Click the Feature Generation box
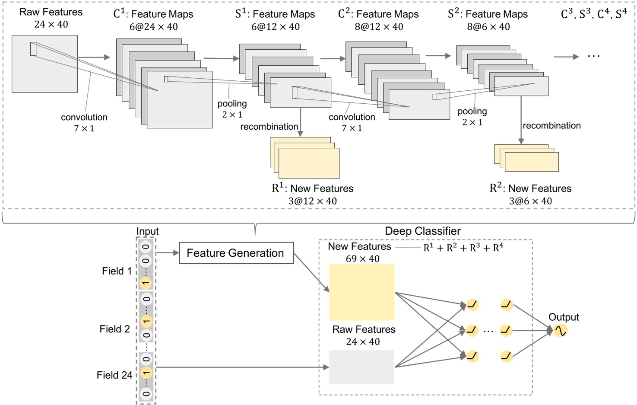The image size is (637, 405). pyautogui.click(x=236, y=253)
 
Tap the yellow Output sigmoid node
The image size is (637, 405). pyautogui.click(x=560, y=331)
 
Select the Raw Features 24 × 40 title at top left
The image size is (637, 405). pyautogui.click(x=51, y=18)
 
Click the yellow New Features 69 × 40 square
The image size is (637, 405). pyautogui.click(x=361, y=292)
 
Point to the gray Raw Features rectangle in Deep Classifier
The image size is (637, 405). pyautogui.click(x=361, y=367)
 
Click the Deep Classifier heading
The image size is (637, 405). pyautogui.click(x=422, y=231)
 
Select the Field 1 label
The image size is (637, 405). pyautogui.click(x=117, y=271)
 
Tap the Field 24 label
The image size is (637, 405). pyautogui.click(x=114, y=375)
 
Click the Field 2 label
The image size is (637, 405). pyautogui.click(x=114, y=329)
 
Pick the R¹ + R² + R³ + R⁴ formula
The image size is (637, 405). pyautogui.click(x=463, y=248)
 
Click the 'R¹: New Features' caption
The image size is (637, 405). pyautogui.click(x=312, y=188)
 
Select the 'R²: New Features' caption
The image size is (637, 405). pyautogui.click(x=530, y=188)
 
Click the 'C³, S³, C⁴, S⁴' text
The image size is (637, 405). pyautogui.click(x=593, y=14)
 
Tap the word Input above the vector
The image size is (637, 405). pyautogui.click(x=147, y=231)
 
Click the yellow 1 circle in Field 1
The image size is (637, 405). pyautogui.click(x=146, y=283)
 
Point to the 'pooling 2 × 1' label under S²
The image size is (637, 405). pyautogui.click(x=472, y=117)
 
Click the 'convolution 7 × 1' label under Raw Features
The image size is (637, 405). pyautogui.click(x=84, y=122)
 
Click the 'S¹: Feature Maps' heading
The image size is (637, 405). pyautogui.click(x=275, y=14)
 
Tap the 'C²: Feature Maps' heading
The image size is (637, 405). pyautogui.click(x=378, y=14)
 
